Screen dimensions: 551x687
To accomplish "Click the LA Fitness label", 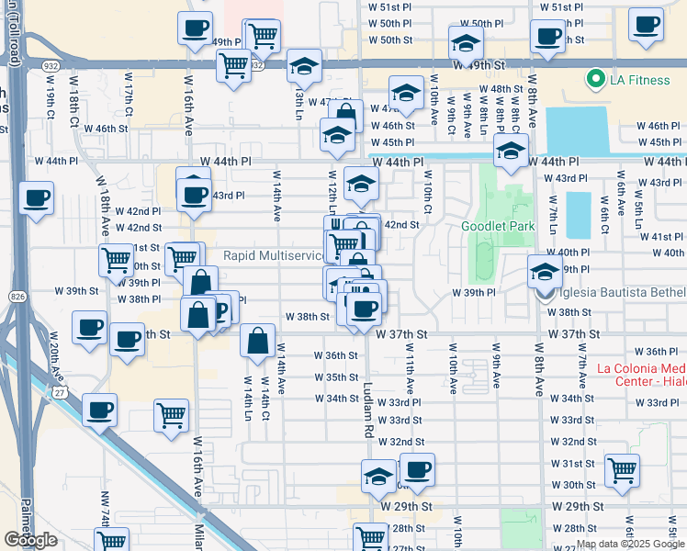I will point(639,80).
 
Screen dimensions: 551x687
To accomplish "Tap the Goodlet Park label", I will point(497,225).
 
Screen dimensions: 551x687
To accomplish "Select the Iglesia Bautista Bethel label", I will point(625,293).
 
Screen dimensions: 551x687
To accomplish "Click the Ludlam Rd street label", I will point(368,409).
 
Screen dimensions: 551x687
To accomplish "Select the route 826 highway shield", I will point(19,297).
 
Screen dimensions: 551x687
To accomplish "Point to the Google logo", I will point(30,540).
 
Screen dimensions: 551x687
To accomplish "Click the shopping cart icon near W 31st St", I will point(623,470).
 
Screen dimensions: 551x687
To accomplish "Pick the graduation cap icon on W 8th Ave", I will point(544,272).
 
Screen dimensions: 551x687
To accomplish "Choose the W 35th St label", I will point(335,377).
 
